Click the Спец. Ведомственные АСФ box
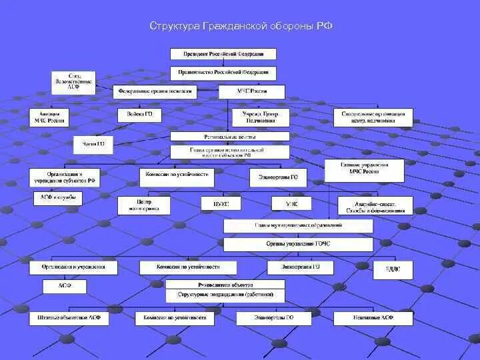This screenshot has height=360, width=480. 73,81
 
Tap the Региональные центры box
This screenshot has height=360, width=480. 229,135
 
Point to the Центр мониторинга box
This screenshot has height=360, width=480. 144,205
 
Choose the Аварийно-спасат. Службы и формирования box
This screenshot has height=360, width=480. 371,205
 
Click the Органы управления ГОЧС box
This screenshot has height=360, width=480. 298,244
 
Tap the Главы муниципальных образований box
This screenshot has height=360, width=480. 298,225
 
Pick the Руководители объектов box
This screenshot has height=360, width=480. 225,283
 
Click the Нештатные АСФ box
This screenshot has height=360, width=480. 373,318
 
